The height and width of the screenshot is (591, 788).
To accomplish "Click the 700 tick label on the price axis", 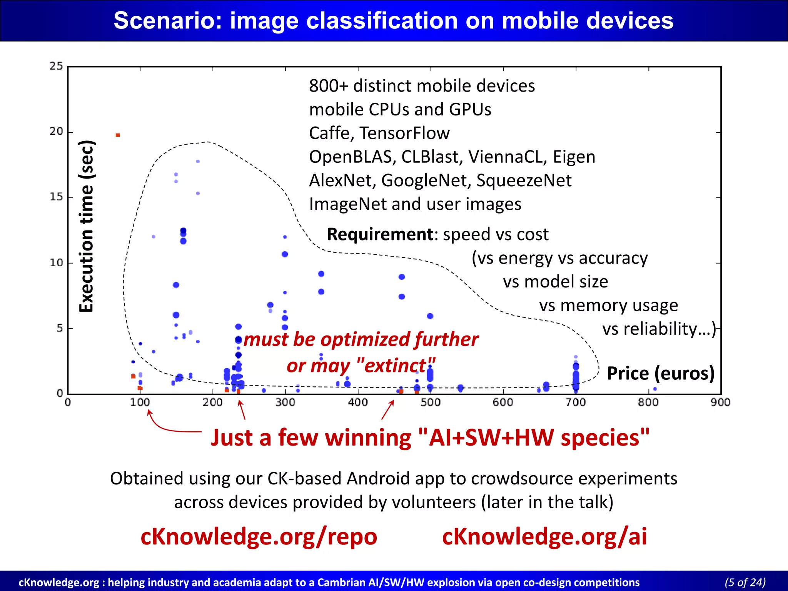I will pyautogui.click(x=576, y=402).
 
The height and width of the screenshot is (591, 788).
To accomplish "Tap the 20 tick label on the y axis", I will pyautogui.click(x=56, y=132).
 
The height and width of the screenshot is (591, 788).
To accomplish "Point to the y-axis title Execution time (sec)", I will pyautogui.click(x=87, y=226).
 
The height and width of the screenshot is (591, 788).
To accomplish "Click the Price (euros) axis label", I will pyautogui.click(x=661, y=373).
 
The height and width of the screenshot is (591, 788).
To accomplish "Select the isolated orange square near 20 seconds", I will pyautogui.click(x=118, y=135).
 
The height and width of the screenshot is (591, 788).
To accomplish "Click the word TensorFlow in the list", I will pyautogui.click(x=404, y=134).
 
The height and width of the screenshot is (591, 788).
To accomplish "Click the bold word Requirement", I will pyautogui.click(x=380, y=234).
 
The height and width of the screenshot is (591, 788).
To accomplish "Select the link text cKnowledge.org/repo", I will pyautogui.click(x=259, y=536).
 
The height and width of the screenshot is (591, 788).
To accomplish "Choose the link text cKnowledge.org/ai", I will pyautogui.click(x=544, y=536).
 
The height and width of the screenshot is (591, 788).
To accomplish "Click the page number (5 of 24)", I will pyautogui.click(x=745, y=582).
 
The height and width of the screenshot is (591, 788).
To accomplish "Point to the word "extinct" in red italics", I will pyautogui.click(x=396, y=365).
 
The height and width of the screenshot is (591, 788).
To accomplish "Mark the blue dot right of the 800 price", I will pyautogui.click(x=655, y=389).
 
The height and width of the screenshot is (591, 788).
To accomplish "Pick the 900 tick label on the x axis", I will pyautogui.click(x=720, y=402).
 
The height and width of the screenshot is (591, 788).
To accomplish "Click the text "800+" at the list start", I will pyautogui.click(x=328, y=86).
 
